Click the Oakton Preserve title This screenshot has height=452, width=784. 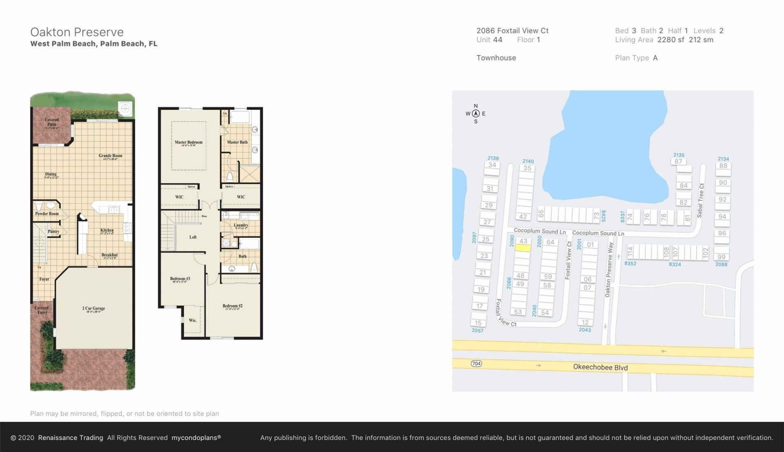tap(77, 32)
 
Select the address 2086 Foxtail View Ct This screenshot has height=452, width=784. tap(512, 31)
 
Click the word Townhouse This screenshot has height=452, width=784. tap(496, 58)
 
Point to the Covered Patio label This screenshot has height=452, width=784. tap(51, 122)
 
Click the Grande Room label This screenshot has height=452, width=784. tap(110, 156)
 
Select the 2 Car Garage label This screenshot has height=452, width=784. tap(94, 309)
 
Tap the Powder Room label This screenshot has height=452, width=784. tap(47, 214)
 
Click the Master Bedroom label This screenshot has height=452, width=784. tap(188, 143)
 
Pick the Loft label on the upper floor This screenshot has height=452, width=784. tap(193, 237)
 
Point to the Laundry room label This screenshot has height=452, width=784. tap(241, 225)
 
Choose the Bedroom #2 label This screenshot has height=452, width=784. tap(232, 306)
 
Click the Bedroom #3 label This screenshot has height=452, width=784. tap(180, 279)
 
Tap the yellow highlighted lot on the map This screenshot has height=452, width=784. tap(523, 248)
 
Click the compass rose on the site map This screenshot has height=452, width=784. tap(476, 114)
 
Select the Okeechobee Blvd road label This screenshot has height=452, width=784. tap(600, 367)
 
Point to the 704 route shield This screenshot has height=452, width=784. tap(476, 363)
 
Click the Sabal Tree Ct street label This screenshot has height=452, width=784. tap(701, 200)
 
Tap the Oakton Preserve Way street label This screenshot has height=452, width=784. tap(609, 270)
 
